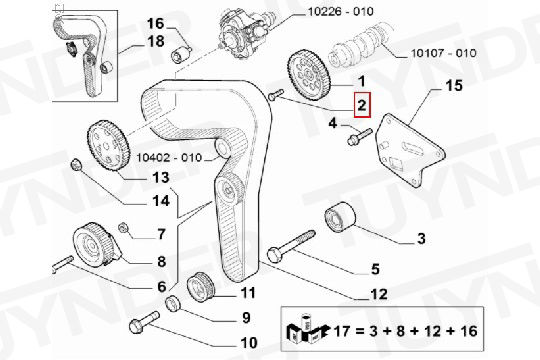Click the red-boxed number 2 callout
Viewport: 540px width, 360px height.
362,105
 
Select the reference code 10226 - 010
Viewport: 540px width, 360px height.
340,11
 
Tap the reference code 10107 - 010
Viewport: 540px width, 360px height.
444,53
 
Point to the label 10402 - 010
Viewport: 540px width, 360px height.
169,157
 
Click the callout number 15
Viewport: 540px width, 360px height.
454,85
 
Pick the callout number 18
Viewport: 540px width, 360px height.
156,41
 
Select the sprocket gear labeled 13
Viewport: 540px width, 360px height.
108,145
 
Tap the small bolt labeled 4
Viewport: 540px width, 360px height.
360,137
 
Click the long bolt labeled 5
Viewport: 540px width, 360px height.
291,247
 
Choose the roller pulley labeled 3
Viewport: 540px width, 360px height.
340,217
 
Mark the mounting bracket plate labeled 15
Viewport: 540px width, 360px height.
410,150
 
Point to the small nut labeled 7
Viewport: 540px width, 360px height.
123,228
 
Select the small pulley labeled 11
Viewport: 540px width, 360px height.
200,287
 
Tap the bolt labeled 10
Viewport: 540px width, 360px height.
144,322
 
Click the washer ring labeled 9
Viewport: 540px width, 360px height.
173,303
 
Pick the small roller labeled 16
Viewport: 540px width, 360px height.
181,53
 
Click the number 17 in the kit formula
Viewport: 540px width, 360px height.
342,331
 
